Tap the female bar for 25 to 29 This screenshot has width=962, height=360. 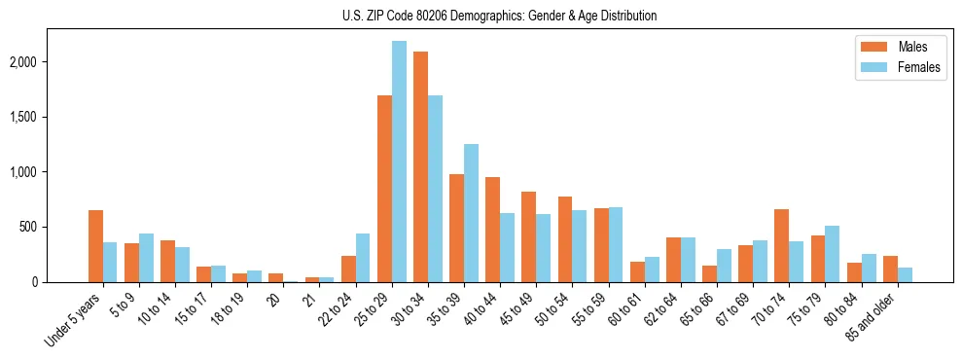click(x=399, y=162)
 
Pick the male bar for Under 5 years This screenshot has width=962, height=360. click(x=95, y=246)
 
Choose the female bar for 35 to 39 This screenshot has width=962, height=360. click(x=471, y=213)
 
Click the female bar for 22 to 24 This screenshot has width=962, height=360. click(x=363, y=258)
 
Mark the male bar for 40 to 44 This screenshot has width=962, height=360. click(x=492, y=230)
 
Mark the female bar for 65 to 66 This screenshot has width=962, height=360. click(x=724, y=266)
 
